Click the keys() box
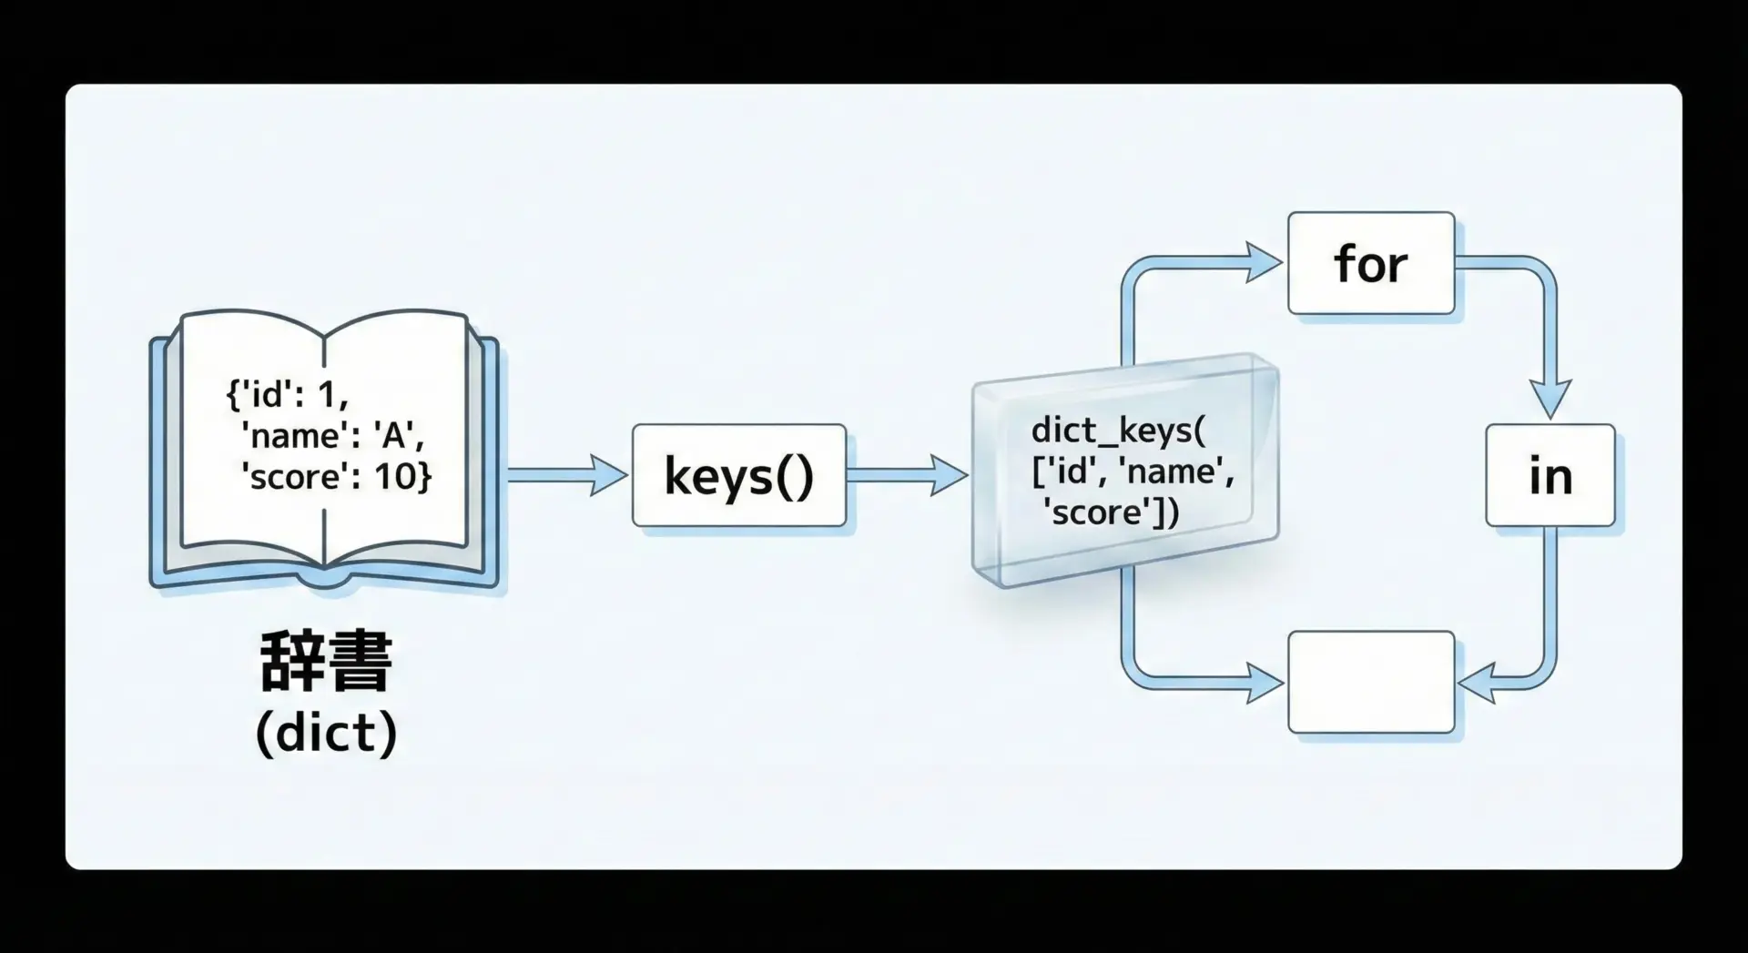coord(738,475)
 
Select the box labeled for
coord(1370,263)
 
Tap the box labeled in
coord(1550,475)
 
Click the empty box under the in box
coord(1370,682)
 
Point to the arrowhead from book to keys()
coord(608,475)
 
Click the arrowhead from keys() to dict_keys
coord(948,475)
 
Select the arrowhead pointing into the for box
coord(1264,263)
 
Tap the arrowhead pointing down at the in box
coord(1550,400)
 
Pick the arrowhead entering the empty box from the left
coord(1265,683)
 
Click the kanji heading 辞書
coord(326,662)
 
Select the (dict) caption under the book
coord(326,733)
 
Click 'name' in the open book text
coord(295,436)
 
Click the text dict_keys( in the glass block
coord(1118,430)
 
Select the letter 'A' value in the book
coord(393,436)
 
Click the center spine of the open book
coord(324,455)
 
